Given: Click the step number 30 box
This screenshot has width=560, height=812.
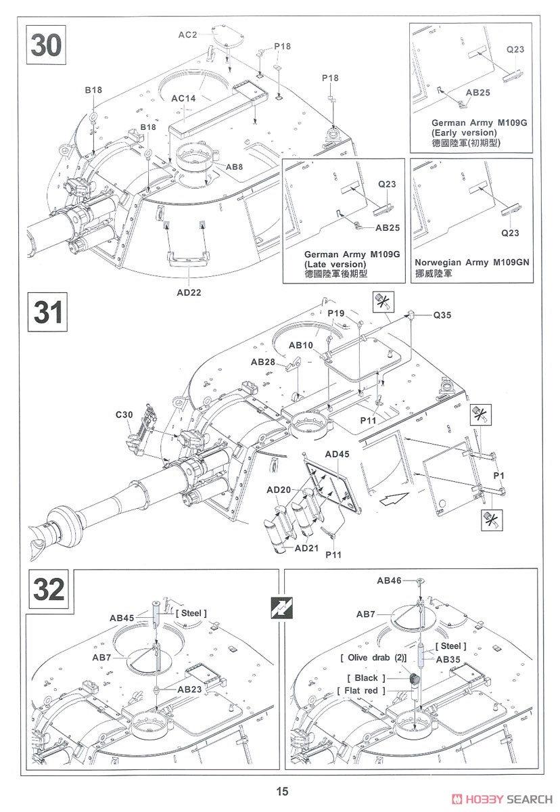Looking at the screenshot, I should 46,45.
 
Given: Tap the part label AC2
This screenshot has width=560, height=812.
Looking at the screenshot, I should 189,35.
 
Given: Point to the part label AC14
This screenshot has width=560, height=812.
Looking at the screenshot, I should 183,98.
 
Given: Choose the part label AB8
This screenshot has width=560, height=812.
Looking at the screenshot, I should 235,166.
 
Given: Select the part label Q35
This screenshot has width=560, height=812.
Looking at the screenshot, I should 443,315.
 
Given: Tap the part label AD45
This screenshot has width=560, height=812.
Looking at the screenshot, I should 337,454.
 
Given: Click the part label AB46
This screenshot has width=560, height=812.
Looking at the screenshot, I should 389,581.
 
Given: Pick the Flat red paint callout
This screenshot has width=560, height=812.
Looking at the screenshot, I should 361,690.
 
